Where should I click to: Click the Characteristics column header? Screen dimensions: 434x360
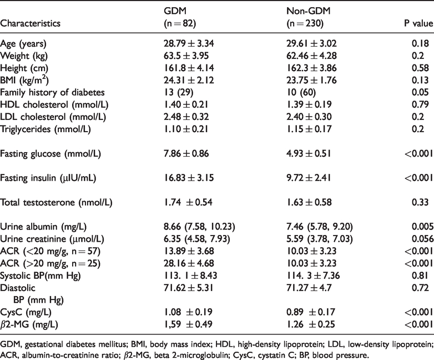30,23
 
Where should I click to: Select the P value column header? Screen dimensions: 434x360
419,23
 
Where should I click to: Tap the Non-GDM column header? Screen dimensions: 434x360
309,11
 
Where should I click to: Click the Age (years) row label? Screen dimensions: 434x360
23,43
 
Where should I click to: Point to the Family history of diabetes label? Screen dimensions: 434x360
52,92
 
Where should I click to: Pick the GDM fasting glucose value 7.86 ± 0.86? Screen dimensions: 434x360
186,153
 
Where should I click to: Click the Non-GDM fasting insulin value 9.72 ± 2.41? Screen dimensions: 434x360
309,178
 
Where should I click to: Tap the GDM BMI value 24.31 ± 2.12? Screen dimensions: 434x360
189,80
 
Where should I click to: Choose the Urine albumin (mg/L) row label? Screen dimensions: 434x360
43,227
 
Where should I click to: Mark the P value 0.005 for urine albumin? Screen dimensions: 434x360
423,227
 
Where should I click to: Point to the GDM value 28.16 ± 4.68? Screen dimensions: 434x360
189,263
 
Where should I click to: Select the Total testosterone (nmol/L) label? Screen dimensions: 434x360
56,202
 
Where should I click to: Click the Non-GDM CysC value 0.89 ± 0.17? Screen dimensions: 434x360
311,312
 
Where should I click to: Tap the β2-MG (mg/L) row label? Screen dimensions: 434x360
29,324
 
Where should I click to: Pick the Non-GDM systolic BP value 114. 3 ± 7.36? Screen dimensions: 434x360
313,276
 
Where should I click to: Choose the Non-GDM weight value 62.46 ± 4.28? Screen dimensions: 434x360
311,56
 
